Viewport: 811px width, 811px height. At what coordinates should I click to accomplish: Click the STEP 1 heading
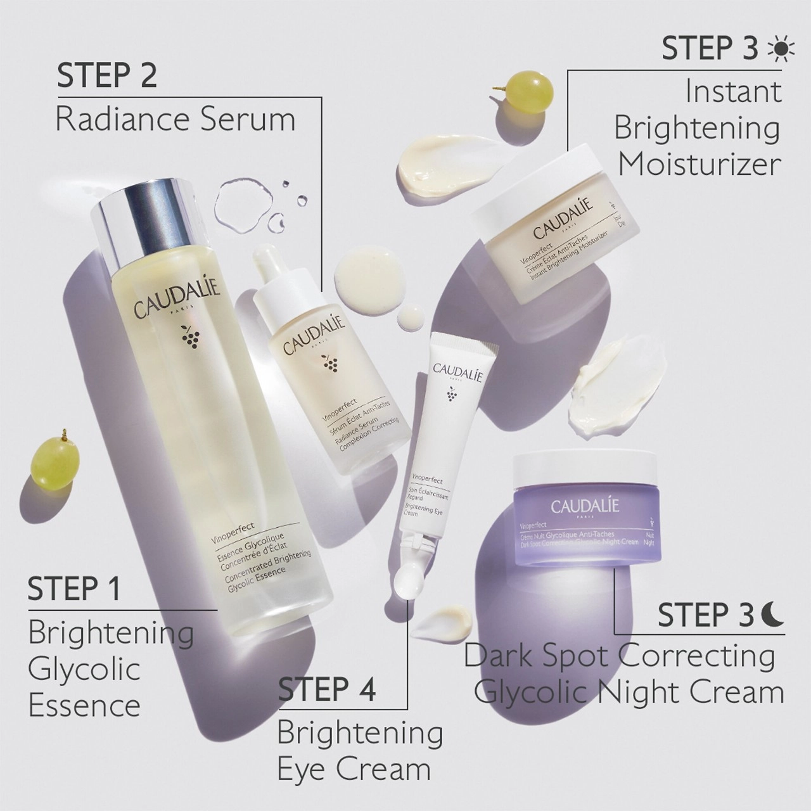click(73, 589)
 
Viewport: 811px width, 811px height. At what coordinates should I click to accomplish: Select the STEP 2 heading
click(106, 76)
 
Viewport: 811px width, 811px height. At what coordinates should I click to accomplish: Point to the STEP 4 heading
click(327, 689)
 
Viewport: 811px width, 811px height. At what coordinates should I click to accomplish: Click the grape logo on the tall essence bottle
click(189, 336)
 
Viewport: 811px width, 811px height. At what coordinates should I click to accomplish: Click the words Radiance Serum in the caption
click(176, 119)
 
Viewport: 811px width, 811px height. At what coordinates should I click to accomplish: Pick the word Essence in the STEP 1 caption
click(84, 705)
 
